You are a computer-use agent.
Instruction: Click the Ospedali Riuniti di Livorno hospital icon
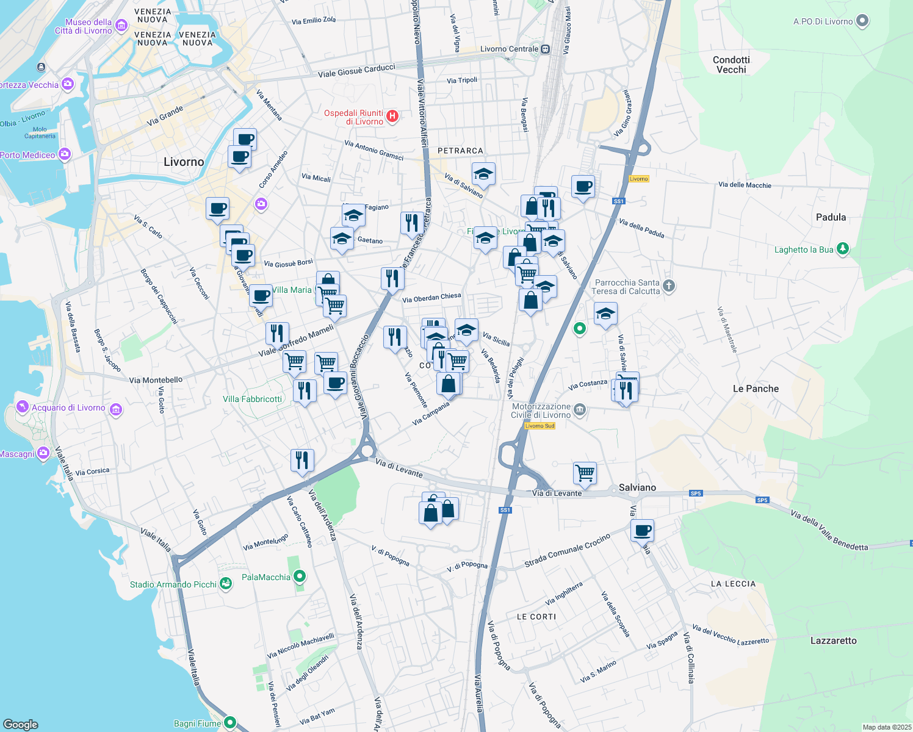tap(392, 116)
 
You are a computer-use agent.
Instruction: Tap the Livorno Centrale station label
tap(510, 49)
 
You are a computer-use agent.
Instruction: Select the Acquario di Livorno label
tap(68, 407)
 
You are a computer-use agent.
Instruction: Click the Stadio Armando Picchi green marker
tap(226, 584)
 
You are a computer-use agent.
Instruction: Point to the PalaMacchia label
tap(266, 577)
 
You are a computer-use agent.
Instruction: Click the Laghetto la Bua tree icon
tap(843, 248)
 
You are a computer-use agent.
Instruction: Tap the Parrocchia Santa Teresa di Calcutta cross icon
tap(669, 285)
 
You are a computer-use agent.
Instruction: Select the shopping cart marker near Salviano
tap(585, 473)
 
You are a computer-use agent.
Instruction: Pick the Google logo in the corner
tap(20, 724)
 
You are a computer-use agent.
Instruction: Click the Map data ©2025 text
tap(887, 727)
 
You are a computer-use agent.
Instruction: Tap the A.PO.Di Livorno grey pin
tap(862, 21)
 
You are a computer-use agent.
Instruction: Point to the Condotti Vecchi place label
tap(731, 65)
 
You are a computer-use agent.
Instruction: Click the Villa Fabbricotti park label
tap(252, 399)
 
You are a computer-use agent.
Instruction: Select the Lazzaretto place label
tap(833, 640)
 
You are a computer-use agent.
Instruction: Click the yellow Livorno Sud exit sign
tap(539, 426)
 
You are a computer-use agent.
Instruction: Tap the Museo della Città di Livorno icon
tap(121, 26)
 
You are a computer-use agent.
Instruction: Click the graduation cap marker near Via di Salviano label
tap(483, 174)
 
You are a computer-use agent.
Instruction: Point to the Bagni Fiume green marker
tap(230, 723)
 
